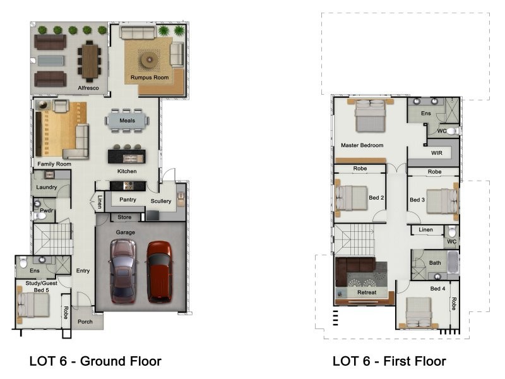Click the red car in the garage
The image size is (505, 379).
point(159,272)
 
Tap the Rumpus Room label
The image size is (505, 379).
point(150,77)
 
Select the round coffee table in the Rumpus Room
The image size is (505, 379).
point(150,59)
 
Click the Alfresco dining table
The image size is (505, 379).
point(90,61)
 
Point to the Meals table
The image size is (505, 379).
point(127,121)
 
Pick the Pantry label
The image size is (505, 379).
point(128,200)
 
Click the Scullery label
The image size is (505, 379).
point(161,201)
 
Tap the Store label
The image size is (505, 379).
point(124,217)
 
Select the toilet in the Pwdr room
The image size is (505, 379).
point(40,215)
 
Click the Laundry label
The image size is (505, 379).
point(46,187)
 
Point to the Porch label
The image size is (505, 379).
point(85,322)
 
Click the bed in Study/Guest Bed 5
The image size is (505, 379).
point(33,305)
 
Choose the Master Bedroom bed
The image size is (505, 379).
point(370,116)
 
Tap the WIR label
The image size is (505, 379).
point(436,153)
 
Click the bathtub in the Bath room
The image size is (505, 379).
point(453,262)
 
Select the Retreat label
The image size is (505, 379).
point(367,292)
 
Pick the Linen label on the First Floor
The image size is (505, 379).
point(425,229)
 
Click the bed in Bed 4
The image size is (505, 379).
point(419,312)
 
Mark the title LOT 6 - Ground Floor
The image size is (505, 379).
point(95,361)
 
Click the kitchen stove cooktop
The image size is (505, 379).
point(128,186)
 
